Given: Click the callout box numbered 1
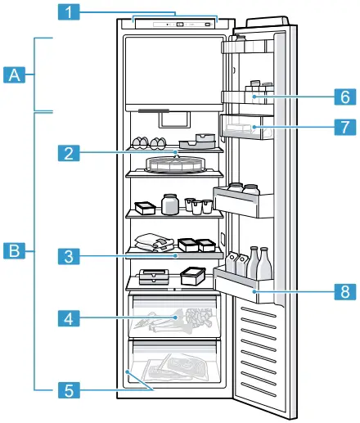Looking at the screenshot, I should click(73, 12).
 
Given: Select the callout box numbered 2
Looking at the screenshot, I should click(73, 151).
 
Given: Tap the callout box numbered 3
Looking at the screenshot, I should click(73, 256).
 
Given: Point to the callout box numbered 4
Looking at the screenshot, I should click(73, 315).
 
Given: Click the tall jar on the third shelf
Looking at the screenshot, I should click(170, 203).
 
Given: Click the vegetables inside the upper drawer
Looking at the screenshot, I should click(188, 317).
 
